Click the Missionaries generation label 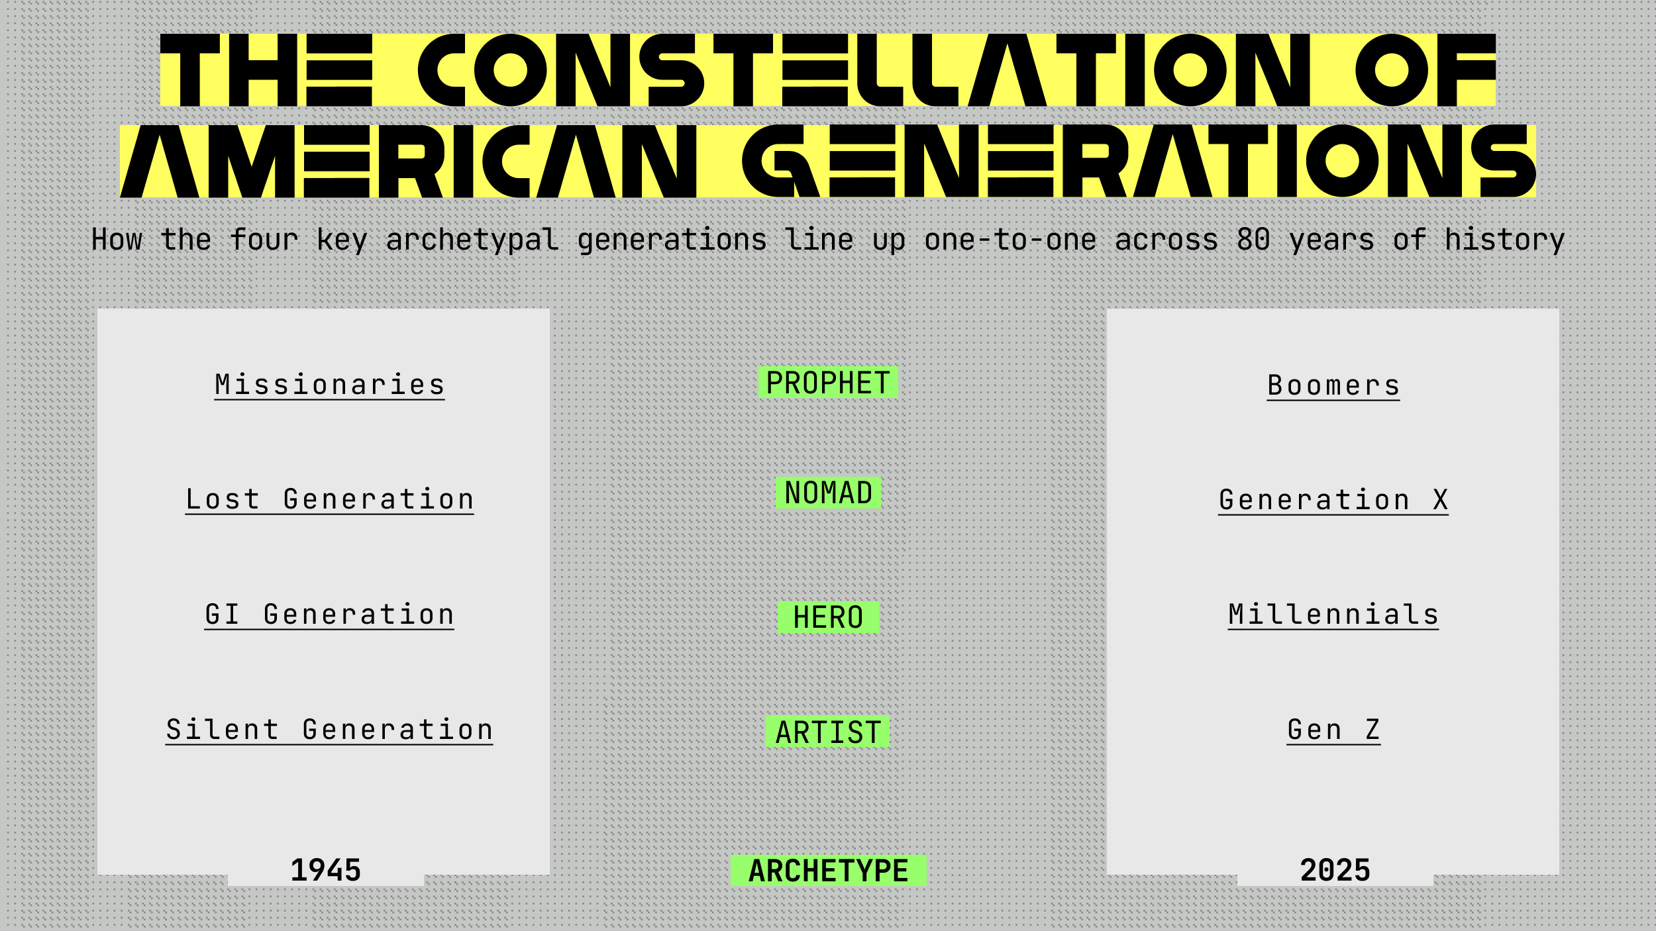[x=329, y=385]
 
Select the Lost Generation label [x=329, y=500]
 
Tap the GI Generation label [x=329, y=615]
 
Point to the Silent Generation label [x=329, y=730]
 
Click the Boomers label [x=1333, y=386]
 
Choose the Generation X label [x=1333, y=501]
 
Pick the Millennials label [x=1333, y=615]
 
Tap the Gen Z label [x=1333, y=730]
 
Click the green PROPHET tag [x=828, y=383]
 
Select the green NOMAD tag [x=828, y=493]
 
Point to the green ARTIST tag [x=828, y=732]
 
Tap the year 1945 [x=326, y=871]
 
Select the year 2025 [x=1335, y=871]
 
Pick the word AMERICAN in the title [x=407, y=162]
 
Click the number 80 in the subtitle [x=1253, y=240]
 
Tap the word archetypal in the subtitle [x=472, y=240]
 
